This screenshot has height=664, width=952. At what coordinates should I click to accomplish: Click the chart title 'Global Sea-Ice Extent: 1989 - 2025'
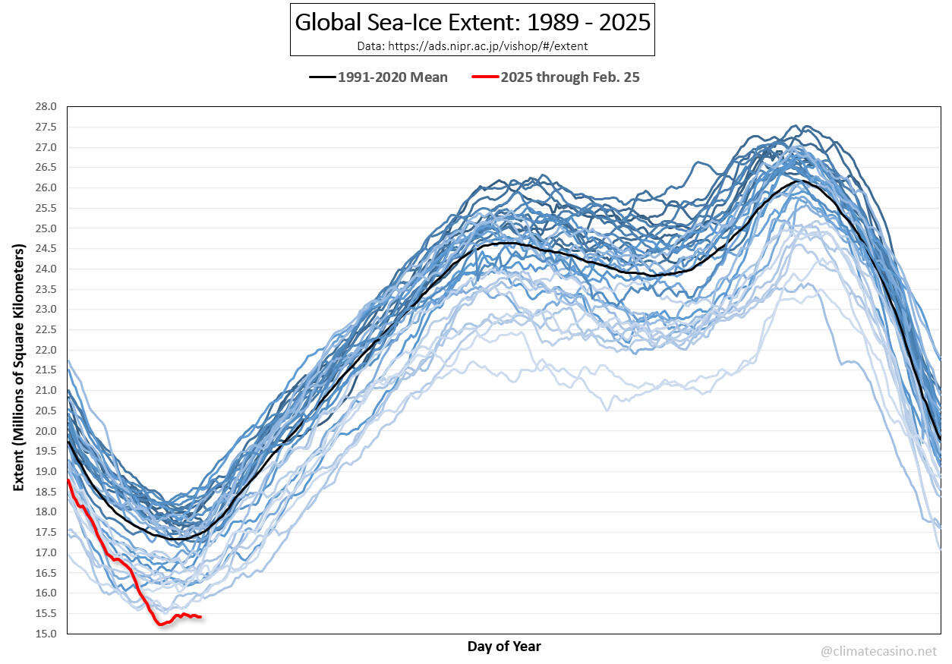(472, 22)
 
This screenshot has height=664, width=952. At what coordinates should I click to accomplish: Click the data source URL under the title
(472, 46)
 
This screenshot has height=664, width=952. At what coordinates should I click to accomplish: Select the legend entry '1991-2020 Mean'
(392, 77)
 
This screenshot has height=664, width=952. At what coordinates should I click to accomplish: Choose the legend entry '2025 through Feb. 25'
(570, 77)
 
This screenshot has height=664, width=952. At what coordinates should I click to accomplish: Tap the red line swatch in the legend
(484, 77)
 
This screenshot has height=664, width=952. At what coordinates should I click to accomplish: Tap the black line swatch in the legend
(322, 77)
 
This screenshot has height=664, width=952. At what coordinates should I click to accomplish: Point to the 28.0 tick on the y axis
(45, 107)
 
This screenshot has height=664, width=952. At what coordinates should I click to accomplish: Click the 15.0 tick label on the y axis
(45, 634)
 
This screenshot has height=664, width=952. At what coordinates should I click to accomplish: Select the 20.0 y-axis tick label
(45, 431)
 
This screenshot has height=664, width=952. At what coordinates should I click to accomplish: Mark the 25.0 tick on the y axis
(45, 228)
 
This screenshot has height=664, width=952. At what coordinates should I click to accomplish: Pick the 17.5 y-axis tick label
(45, 533)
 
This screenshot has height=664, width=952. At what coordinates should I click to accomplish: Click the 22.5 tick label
(45, 330)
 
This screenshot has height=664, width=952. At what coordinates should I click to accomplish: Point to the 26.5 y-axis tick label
(45, 168)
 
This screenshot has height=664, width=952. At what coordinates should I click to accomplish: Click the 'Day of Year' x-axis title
(504, 647)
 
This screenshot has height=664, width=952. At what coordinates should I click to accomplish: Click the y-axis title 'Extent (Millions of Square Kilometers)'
(19, 367)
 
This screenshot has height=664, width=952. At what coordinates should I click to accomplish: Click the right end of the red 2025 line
(200, 617)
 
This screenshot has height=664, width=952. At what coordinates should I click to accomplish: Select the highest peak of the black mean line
(799, 181)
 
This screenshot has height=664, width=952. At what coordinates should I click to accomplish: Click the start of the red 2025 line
(68, 480)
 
